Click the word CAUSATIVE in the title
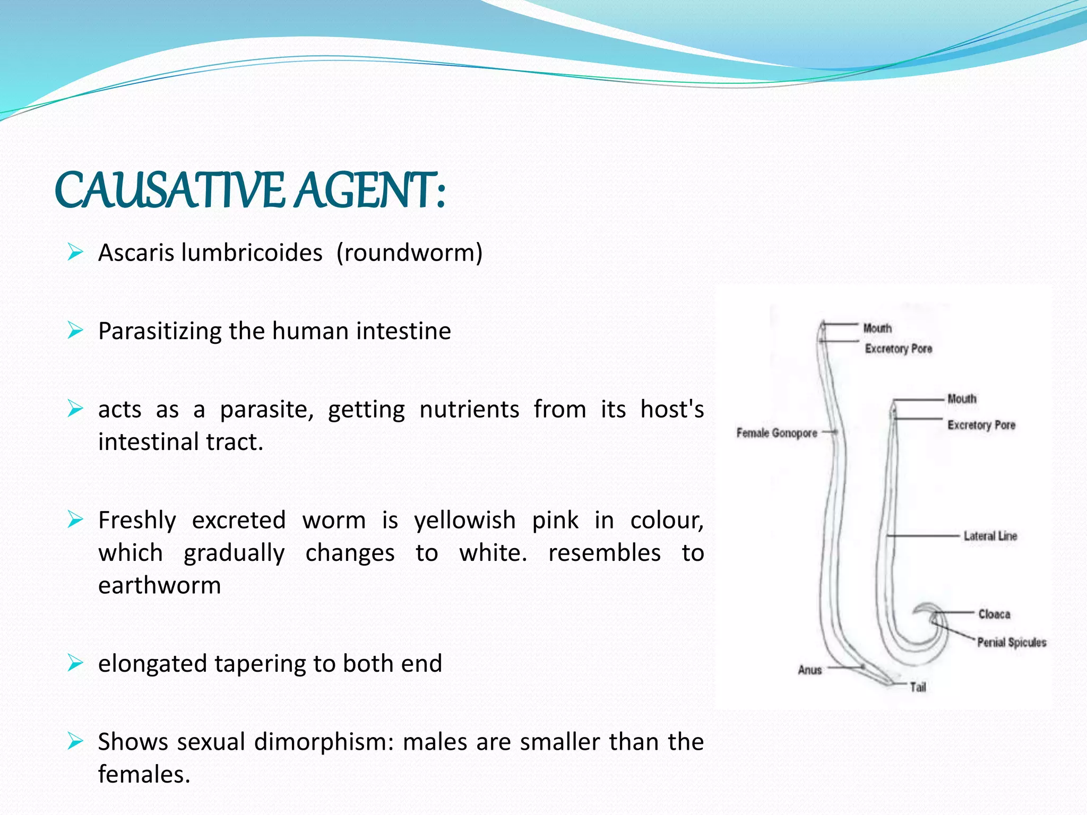point(170,190)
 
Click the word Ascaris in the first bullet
point(136,253)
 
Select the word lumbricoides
point(252,253)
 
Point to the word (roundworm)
point(409,253)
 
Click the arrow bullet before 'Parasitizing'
point(75,331)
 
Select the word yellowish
point(465,521)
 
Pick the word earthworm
point(159,585)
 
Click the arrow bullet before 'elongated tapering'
point(75,663)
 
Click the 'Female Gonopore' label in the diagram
point(777,433)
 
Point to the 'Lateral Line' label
point(990,536)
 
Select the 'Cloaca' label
point(994,614)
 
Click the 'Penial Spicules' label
point(1012,643)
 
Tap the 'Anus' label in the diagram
point(809,670)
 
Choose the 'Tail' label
point(918,688)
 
